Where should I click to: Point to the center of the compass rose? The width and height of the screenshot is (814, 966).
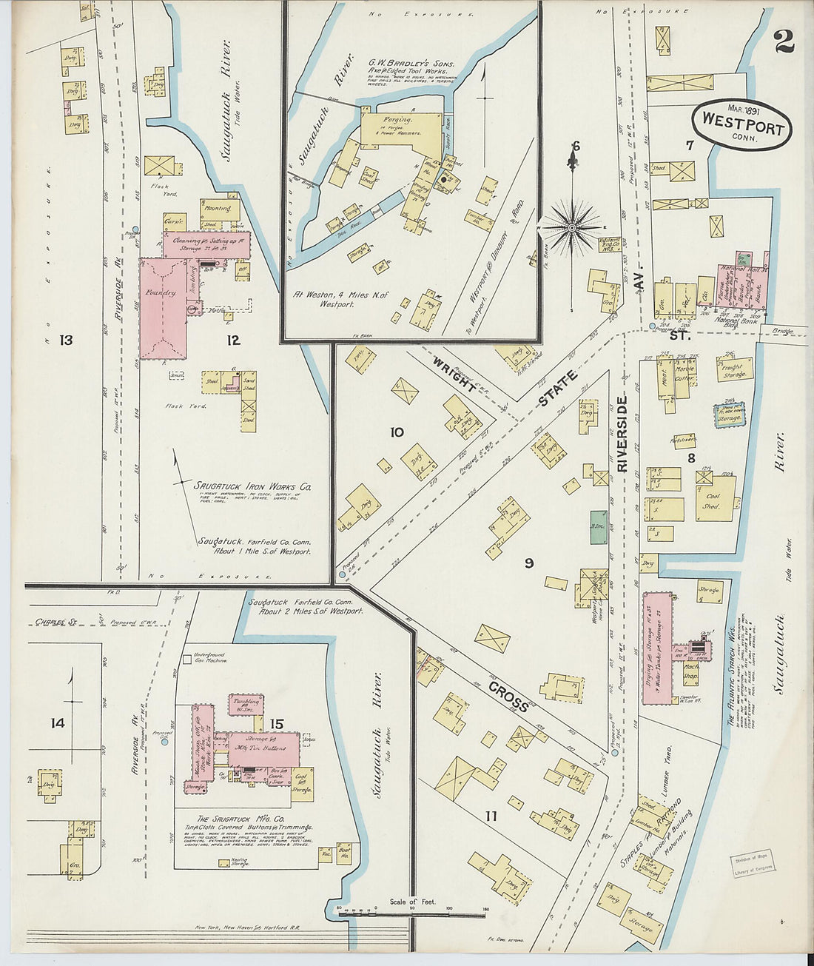click(x=571, y=226)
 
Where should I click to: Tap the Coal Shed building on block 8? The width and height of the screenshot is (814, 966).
click(x=716, y=497)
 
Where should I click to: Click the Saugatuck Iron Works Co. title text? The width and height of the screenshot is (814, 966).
click(x=252, y=487)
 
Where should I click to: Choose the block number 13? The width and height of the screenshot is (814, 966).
click(x=66, y=340)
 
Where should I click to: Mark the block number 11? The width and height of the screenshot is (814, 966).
click(x=490, y=816)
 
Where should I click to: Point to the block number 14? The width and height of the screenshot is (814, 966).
click(x=57, y=722)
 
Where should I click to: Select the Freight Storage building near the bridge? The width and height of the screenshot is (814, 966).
click(x=734, y=369)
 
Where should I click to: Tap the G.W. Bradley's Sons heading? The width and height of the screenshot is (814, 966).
click(x=412, y=64)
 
